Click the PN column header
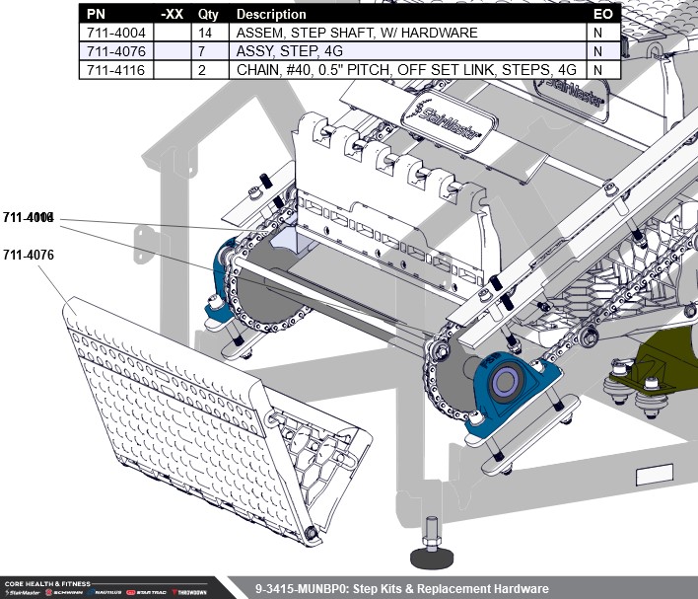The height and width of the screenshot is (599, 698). coord(95,15)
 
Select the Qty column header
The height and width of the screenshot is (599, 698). coord(207,15)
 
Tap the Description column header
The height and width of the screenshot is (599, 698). coord(271,15)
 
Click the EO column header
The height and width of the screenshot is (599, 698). coord(602,15)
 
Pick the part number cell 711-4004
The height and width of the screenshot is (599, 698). coord(116,33)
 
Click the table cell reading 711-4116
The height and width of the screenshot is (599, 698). coord(116,70)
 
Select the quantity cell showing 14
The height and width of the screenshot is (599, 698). coord(207,33)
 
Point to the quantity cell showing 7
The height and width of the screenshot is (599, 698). coord(207,51)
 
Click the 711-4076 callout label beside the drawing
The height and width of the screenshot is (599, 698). coord(28,255)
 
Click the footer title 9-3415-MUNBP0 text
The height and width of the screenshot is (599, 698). coord(400,588)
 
